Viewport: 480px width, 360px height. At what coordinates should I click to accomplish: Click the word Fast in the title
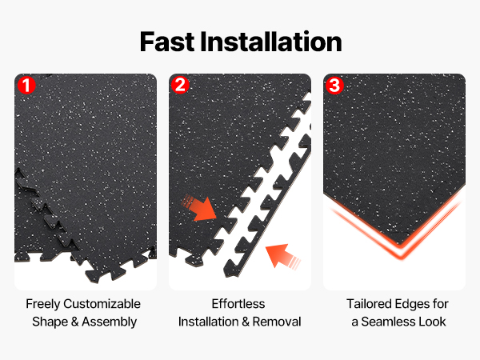167,42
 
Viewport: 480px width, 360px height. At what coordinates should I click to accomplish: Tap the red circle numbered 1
26,85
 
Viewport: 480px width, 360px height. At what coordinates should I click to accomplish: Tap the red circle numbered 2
180,85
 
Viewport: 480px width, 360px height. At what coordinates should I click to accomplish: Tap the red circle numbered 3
334,85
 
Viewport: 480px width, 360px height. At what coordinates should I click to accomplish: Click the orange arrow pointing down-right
201,208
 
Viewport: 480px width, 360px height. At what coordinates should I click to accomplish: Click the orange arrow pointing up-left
282,256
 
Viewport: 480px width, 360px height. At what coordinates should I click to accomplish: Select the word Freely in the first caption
43,304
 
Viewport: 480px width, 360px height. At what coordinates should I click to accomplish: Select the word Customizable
102,304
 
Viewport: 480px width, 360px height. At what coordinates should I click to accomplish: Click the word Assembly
110,322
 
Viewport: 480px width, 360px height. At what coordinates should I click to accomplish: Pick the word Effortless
238,304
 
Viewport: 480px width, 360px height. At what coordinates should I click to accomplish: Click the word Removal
277,322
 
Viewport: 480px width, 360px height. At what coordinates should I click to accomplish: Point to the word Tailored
369,304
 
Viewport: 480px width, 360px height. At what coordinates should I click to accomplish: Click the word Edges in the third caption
412,304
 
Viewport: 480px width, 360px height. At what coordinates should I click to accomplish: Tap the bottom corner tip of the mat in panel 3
399,244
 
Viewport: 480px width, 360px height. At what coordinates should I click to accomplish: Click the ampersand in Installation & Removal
246,322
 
